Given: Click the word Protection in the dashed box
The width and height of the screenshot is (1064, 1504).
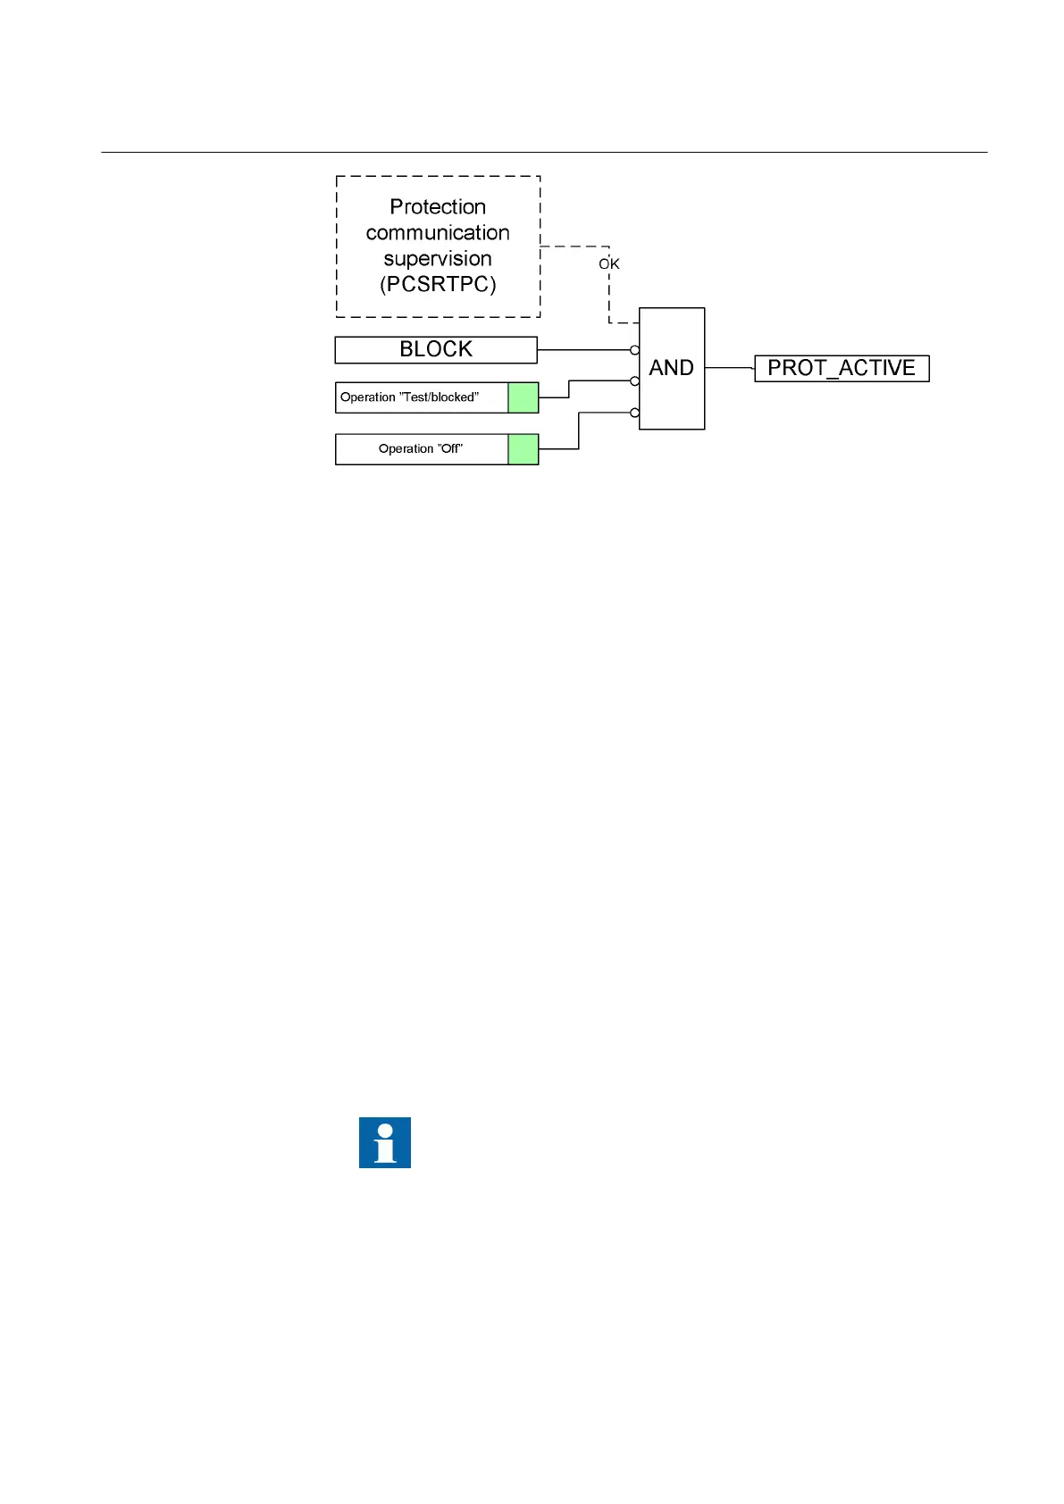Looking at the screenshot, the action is [x=438, y=207].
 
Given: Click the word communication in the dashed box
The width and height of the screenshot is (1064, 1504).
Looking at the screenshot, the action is [x=438, y=233].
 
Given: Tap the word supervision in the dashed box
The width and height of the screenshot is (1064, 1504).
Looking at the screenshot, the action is [x=438, y=259].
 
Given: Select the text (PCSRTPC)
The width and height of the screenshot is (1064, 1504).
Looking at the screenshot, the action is [x=438, y=285].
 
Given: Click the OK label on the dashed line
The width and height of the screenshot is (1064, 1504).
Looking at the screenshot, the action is [x=609, y=264].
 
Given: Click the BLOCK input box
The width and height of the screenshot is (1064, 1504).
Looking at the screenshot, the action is [x=436, y=350].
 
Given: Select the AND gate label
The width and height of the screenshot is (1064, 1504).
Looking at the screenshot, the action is [x=672, y=368].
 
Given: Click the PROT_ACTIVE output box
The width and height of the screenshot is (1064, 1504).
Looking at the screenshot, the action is [x=842, y=369].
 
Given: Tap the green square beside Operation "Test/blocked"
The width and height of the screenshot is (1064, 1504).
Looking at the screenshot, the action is [x=524, y=397].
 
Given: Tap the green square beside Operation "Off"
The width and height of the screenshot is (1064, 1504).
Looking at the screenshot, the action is [x=524, y=449].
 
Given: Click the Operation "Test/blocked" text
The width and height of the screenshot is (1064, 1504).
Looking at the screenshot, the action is [x=409, y=397].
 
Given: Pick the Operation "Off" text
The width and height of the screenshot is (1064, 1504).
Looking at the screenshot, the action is [x=421, y=449].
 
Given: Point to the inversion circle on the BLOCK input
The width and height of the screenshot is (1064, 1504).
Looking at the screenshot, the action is [x=635, y=350].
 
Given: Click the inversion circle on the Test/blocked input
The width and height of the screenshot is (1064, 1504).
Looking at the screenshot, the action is [x=635, y=381].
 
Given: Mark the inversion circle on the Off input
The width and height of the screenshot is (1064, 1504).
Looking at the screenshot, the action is [x=635, y=413].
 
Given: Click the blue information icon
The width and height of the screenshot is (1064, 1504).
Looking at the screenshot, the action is [x=385, y=1142].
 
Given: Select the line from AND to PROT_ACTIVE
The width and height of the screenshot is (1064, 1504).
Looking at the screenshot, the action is [x=729, y=368].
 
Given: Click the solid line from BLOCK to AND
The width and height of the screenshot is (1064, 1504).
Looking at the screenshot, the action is [x=585, y=350].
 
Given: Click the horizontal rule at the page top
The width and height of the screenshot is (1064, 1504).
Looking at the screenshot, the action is [x=544, y=153].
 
